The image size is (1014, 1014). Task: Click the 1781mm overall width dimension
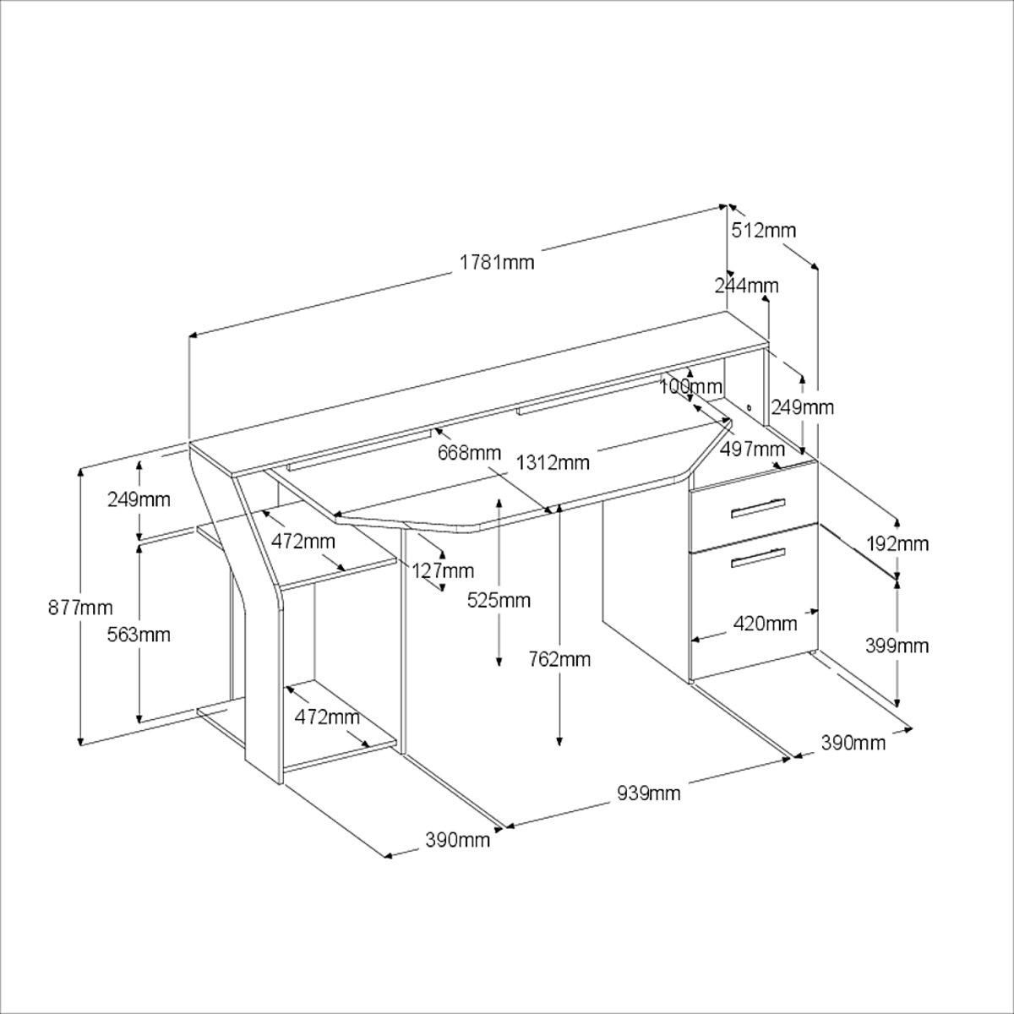point(497,262)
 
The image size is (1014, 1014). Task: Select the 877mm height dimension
point(80,607)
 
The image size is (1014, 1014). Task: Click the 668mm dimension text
point(469,453)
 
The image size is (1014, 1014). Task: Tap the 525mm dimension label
point(499,600)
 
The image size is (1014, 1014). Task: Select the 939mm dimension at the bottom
point(648,793)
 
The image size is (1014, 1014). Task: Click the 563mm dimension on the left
point(139,634)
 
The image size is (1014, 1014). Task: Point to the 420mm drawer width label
point(766,624)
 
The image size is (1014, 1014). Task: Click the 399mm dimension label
point(897,646)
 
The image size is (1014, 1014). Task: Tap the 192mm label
point(897,543)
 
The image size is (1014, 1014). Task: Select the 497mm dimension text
point(752,448)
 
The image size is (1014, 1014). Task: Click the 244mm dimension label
point(746,286)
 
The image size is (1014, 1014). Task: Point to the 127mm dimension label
point(443,570)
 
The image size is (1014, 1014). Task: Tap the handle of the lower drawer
point(758,557)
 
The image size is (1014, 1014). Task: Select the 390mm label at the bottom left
point(457,840)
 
